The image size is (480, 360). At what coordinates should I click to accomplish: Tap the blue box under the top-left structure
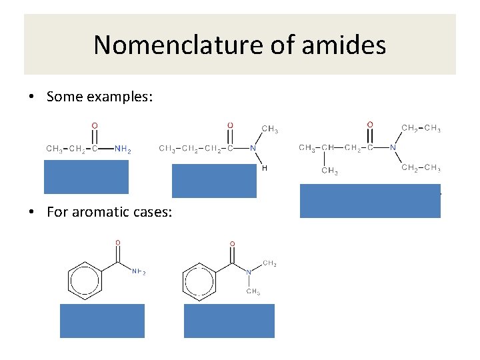click(87, 177)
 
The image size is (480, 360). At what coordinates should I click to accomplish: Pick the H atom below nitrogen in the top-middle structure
click(264, 169)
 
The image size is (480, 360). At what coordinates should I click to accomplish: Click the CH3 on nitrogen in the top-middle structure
click(270, 129)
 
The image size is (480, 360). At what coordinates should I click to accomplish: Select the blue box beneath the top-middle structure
click(214, 181)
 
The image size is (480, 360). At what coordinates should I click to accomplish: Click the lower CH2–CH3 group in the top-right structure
click(421, 168)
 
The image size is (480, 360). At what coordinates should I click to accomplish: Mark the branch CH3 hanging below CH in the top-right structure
click(329, 171)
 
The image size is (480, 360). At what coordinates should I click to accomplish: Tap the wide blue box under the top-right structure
click(370, 201)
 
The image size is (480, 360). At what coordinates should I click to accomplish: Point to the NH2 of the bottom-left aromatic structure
click(139, 271)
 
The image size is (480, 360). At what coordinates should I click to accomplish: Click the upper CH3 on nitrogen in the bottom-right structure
click(269, 264)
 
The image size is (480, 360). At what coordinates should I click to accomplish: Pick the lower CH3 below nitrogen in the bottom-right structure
click(253, 291)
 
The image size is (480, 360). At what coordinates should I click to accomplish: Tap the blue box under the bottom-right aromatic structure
click(229, 321)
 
